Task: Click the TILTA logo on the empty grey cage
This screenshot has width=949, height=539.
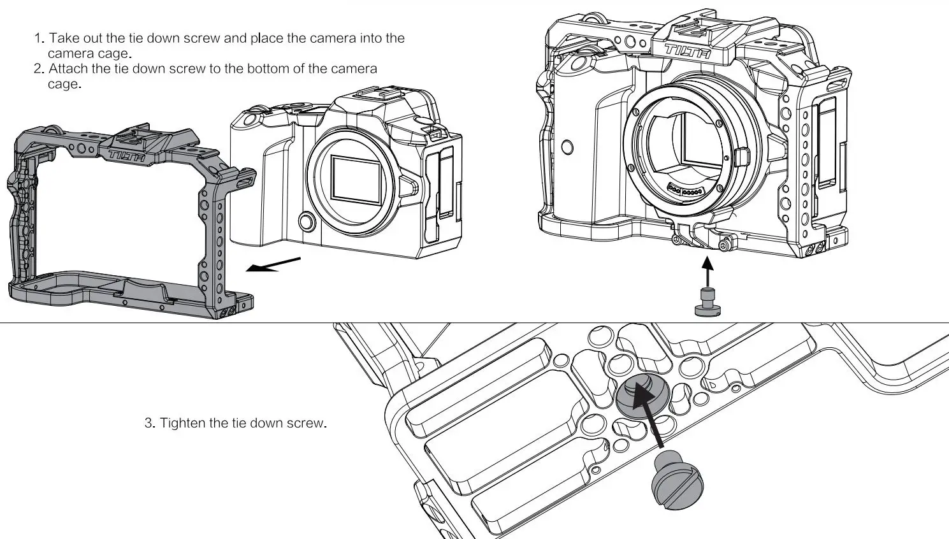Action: tap(127, 155)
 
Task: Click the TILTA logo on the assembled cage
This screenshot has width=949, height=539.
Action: tap(688, 52)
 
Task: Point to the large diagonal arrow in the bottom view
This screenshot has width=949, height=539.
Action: tap(651, 415)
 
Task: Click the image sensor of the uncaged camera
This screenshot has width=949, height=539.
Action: tap(356, 178)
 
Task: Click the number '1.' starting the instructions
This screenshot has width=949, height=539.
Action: tap(39, 38)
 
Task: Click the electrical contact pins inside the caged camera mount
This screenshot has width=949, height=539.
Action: tap(685, 188)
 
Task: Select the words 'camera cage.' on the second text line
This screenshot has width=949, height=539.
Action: tap(90, 54)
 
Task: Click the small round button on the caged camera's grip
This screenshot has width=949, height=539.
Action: tap(567, 147)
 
